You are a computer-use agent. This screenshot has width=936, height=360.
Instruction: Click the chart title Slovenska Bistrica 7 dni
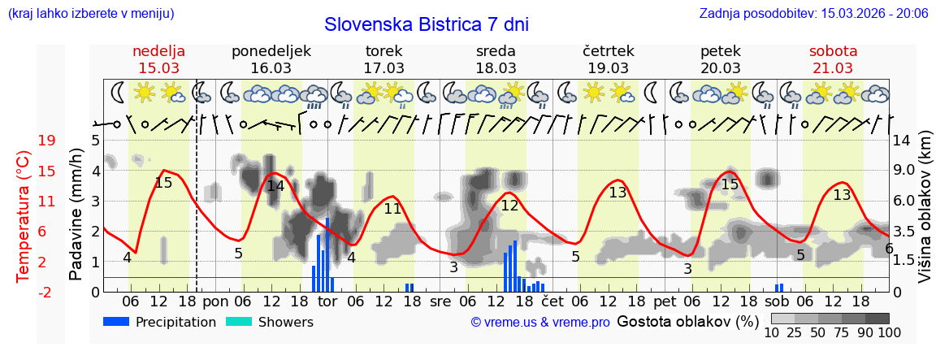(x=426, y=24)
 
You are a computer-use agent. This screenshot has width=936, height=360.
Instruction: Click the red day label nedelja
(x=159, y=51)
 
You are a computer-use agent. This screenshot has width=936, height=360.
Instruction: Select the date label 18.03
(x=496, y=68)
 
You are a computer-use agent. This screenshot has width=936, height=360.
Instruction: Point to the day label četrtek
(x=608, y=51)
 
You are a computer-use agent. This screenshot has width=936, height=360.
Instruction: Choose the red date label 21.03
(x=833, y=68)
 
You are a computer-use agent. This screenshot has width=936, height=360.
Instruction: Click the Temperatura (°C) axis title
(x=24, y=217)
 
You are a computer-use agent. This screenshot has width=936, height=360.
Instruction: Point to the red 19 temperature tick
(x=46, y=141)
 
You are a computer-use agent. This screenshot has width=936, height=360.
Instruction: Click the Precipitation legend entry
(x=159, y=322)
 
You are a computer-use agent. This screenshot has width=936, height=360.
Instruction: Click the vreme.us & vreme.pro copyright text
(x=540, y=323)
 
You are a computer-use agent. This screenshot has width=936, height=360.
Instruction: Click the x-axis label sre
(x=440, y=301)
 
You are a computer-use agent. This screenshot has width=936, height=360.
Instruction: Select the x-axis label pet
(x=665, y=301)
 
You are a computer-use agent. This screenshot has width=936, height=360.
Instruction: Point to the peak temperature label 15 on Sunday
(x=163, y=183)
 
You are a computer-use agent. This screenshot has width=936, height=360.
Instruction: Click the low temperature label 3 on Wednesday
(x=453, y=267)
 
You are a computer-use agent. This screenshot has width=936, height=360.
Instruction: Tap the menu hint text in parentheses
(x=90, y=14)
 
